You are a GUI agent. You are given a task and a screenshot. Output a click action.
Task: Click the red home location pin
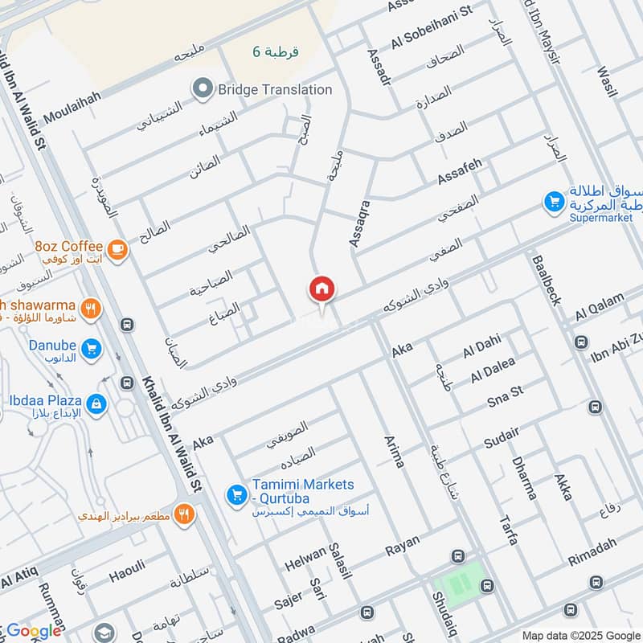point(322,290)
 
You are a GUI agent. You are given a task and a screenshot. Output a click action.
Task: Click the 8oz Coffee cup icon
point(117,251)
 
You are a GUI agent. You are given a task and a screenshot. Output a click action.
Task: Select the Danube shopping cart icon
point(91,349)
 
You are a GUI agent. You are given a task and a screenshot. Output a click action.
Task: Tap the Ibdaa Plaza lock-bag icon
point(96,403)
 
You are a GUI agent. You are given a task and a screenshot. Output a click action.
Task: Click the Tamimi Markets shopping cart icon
point(236,494)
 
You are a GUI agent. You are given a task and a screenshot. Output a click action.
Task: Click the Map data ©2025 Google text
point(580,634)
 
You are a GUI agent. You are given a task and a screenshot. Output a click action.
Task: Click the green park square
point(459,583)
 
